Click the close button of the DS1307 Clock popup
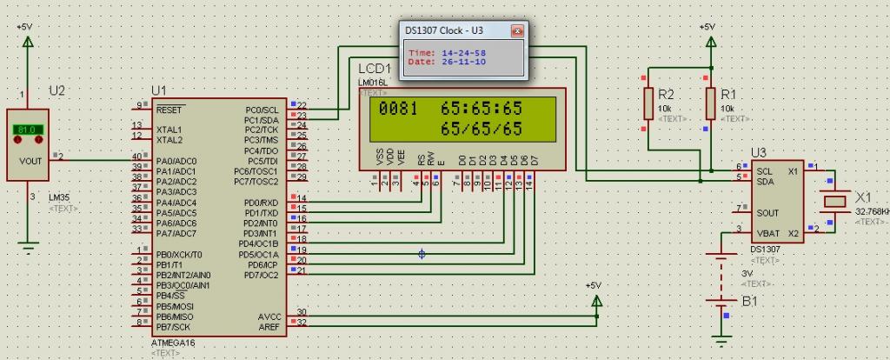(x=518, y=30)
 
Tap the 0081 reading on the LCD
(x=397, y=110)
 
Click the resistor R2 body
(x=648, y=103)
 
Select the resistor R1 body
(x=712, y=103)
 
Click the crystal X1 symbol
(x=834, y=200)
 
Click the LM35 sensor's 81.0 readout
(x=27, y=130)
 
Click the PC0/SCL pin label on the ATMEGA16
(x=261, y=110)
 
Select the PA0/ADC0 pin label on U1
(x=176, y=162)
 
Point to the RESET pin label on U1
(x=169, y=110)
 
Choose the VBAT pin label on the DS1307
(x=767, y=233)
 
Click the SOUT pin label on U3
(x=767, y=212)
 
